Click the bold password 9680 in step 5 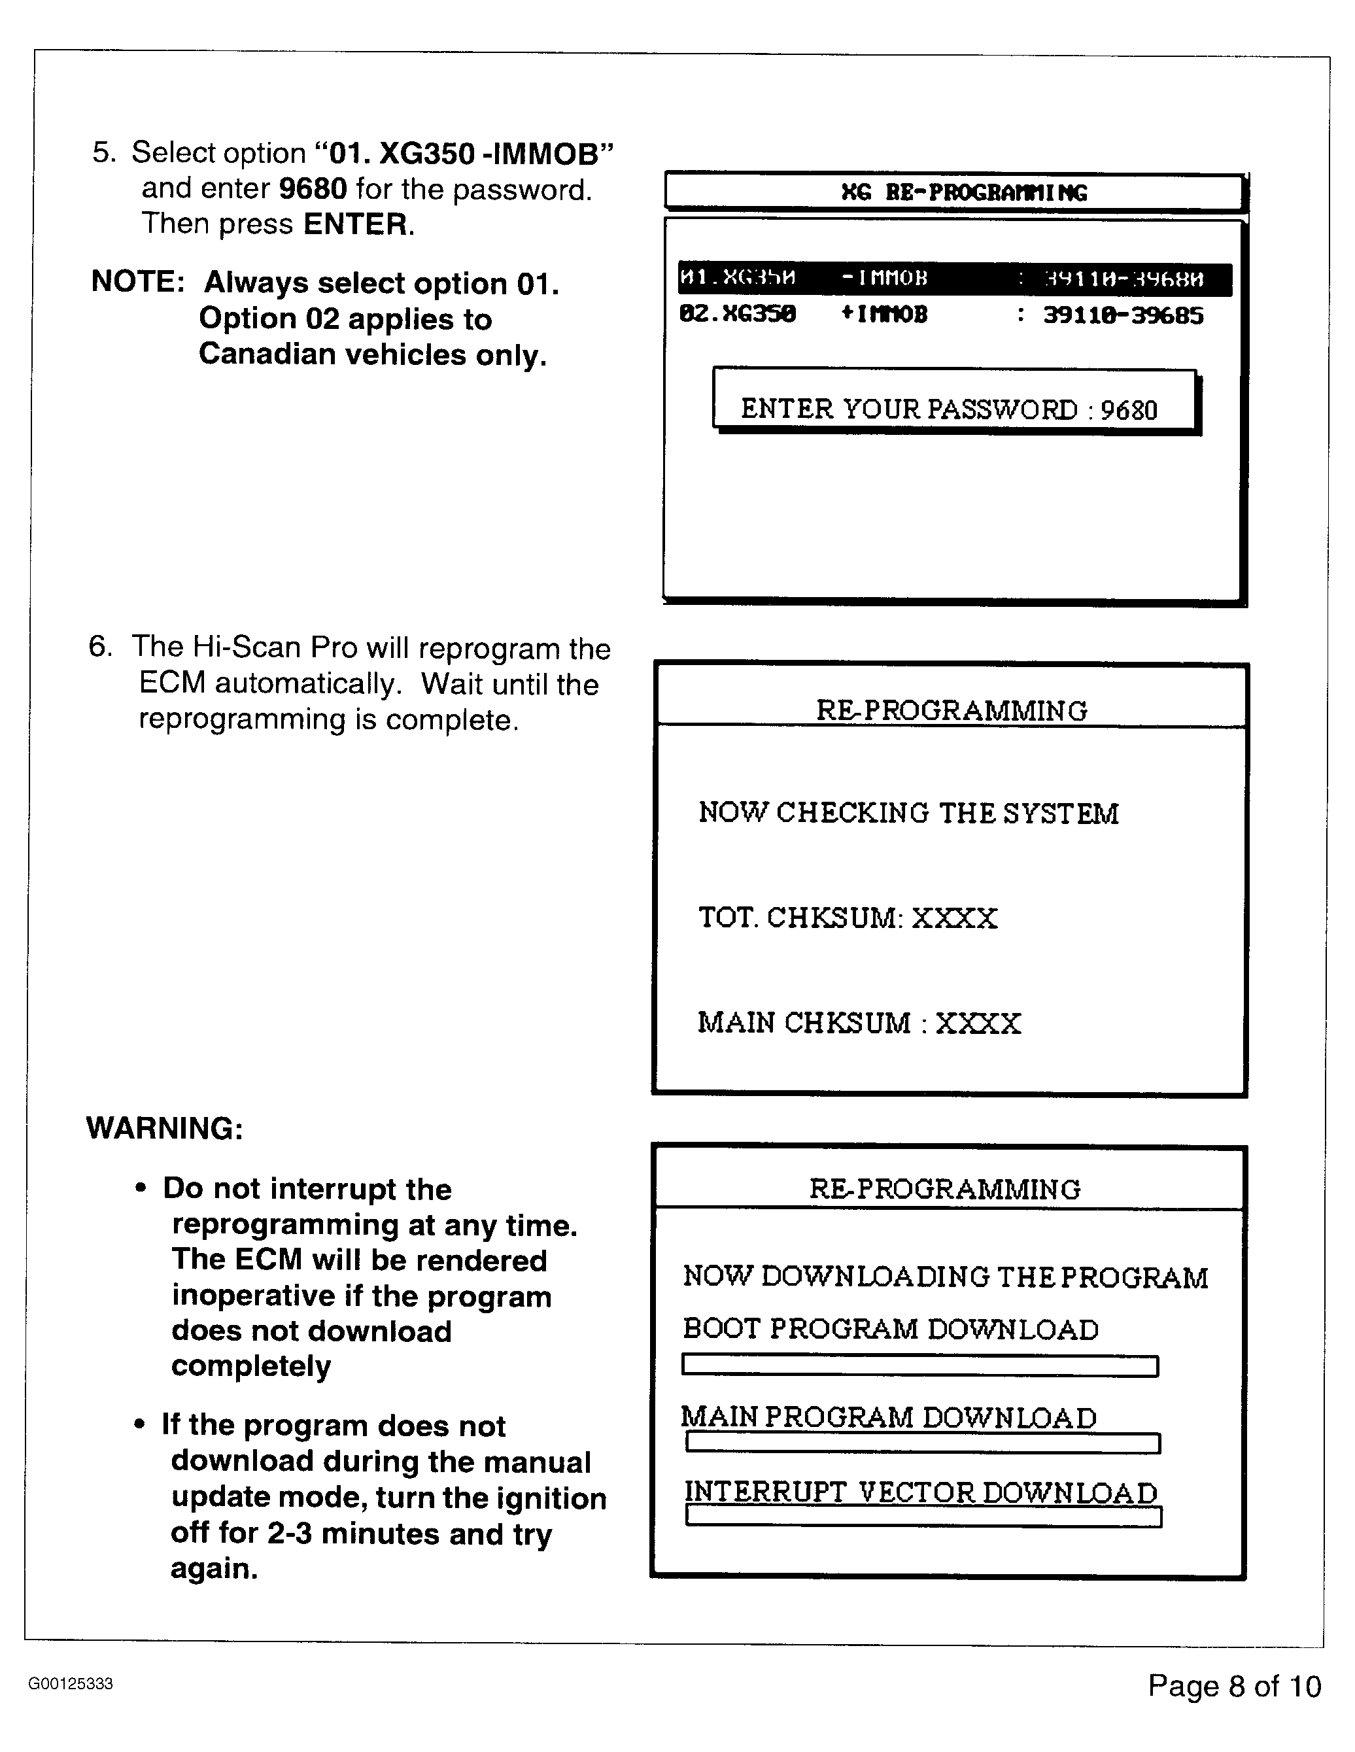click(x=313, y=189)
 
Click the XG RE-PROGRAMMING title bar click(x=954, y=192)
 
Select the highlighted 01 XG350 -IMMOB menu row click(x=954, y=279)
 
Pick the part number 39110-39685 click(x=1123, y=315)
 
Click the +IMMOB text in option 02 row click(x=883, y=315)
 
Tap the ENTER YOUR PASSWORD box click(x=954, y=400)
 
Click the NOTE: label click(x=138, y=283)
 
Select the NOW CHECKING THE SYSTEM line click(x=908, y=814)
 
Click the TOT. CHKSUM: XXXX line click(x=848, y=918)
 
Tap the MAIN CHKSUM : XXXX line click(x=859, y=1023)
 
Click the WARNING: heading click(x=164, y=1128)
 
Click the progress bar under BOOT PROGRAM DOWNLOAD click(x=919, y=1366)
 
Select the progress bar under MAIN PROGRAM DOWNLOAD click(x=923, y=1443)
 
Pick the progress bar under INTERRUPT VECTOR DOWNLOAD click(x=923, y=1517)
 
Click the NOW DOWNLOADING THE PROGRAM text click(x=945, y=1277)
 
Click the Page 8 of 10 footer click(x=1234, y=1685)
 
